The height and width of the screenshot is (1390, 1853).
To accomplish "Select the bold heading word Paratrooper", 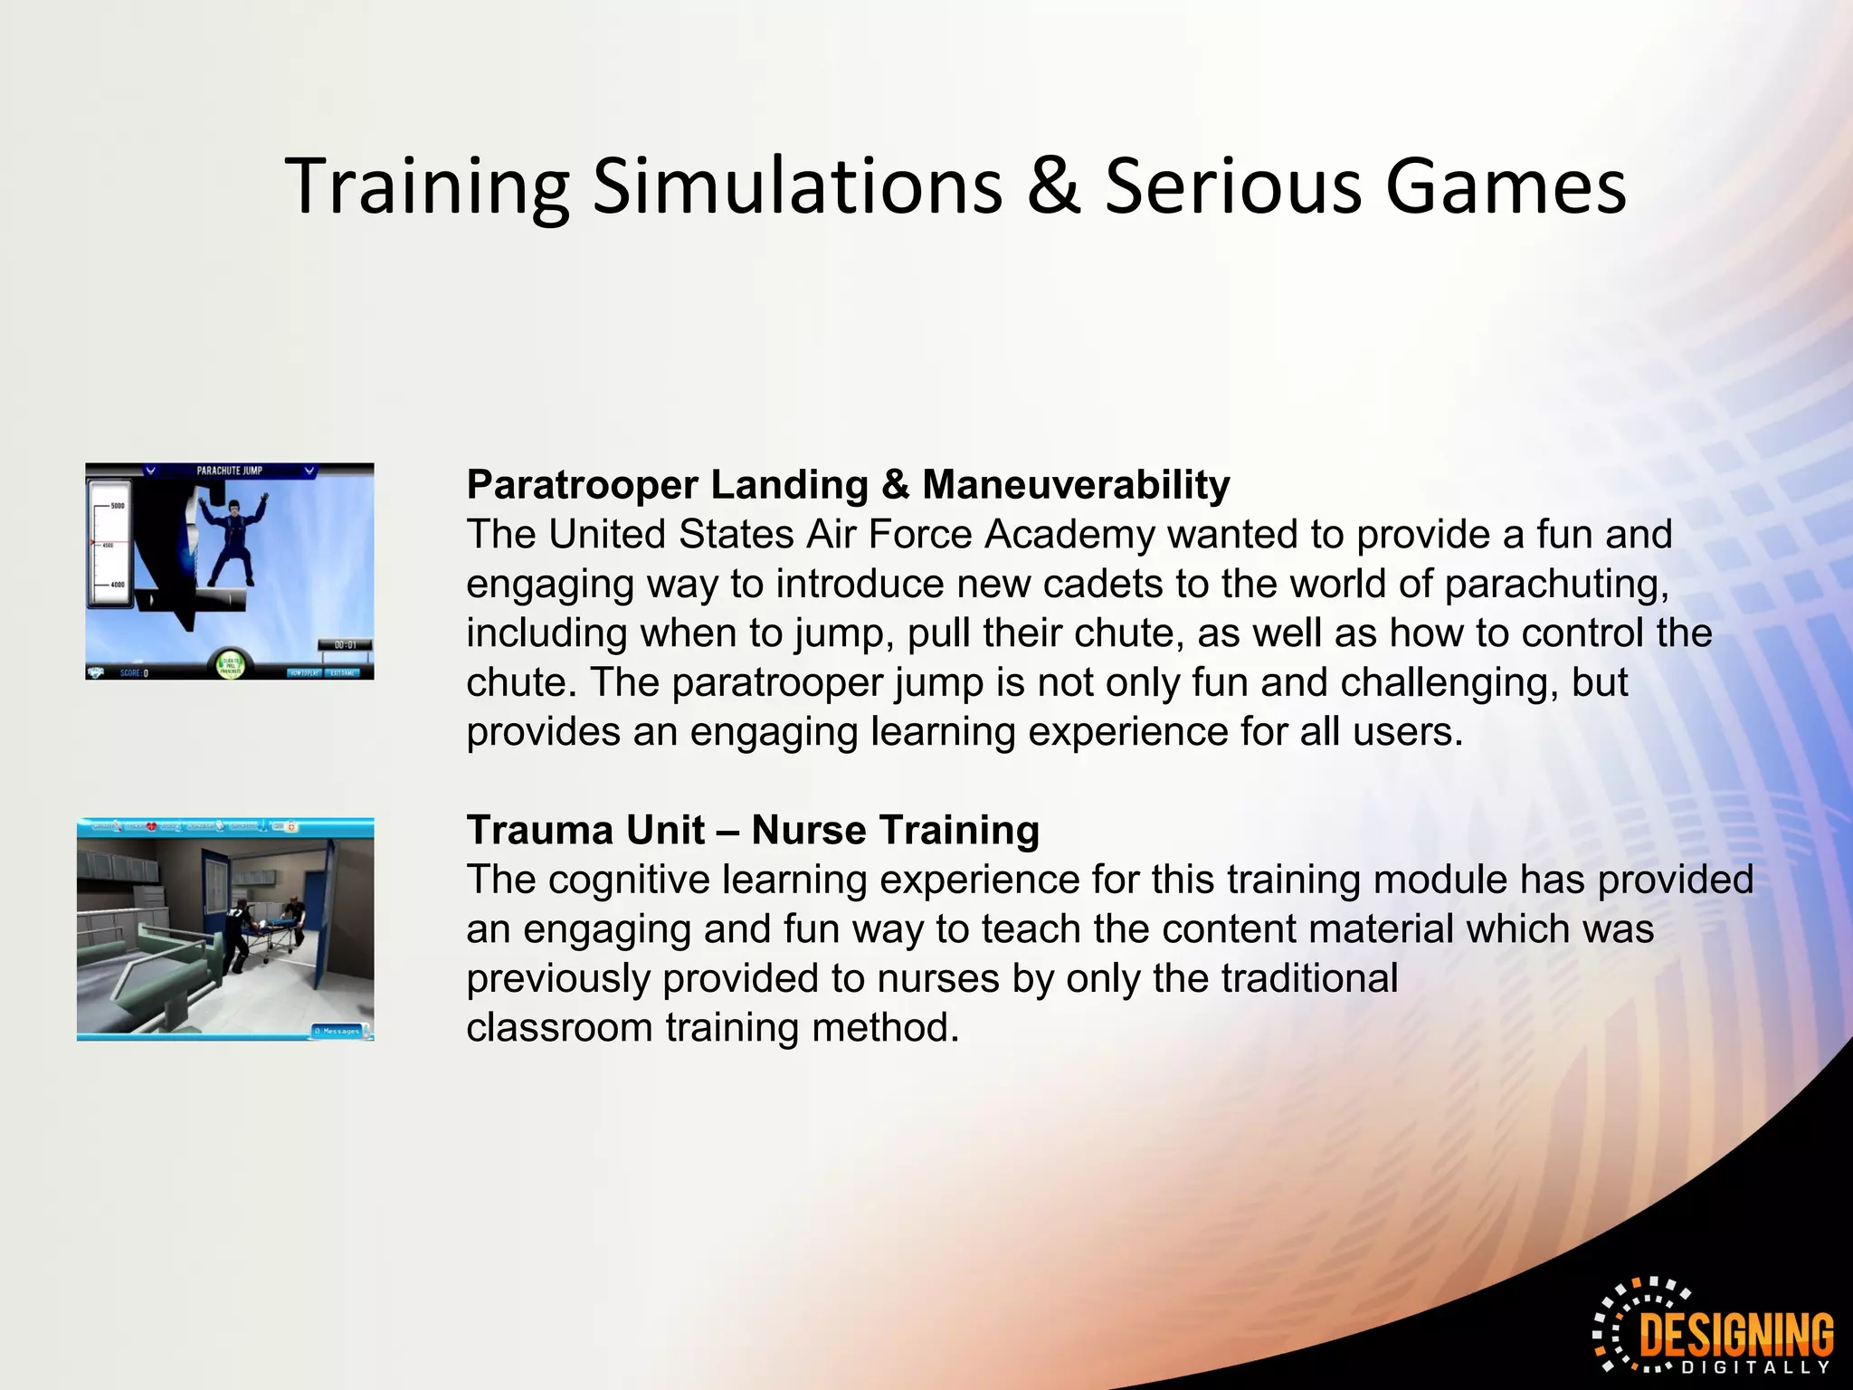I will coord(581,486).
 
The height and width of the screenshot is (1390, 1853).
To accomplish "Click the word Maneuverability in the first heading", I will coord(1076,486).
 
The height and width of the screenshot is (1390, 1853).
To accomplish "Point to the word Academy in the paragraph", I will coord(1069,535).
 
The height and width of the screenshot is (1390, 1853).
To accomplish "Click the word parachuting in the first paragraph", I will coord(1555,585).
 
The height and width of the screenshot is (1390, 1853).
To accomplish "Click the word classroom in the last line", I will coord(558,1028).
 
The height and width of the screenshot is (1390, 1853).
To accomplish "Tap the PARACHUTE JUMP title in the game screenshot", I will coord(229,471).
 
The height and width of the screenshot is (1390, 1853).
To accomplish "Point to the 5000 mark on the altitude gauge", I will coord(117,506).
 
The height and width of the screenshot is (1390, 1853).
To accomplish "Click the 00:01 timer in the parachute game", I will coord(345,645).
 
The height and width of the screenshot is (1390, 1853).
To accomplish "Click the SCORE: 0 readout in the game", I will coord(134,673).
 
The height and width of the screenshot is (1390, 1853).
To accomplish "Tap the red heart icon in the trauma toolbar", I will coord(151,826).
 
